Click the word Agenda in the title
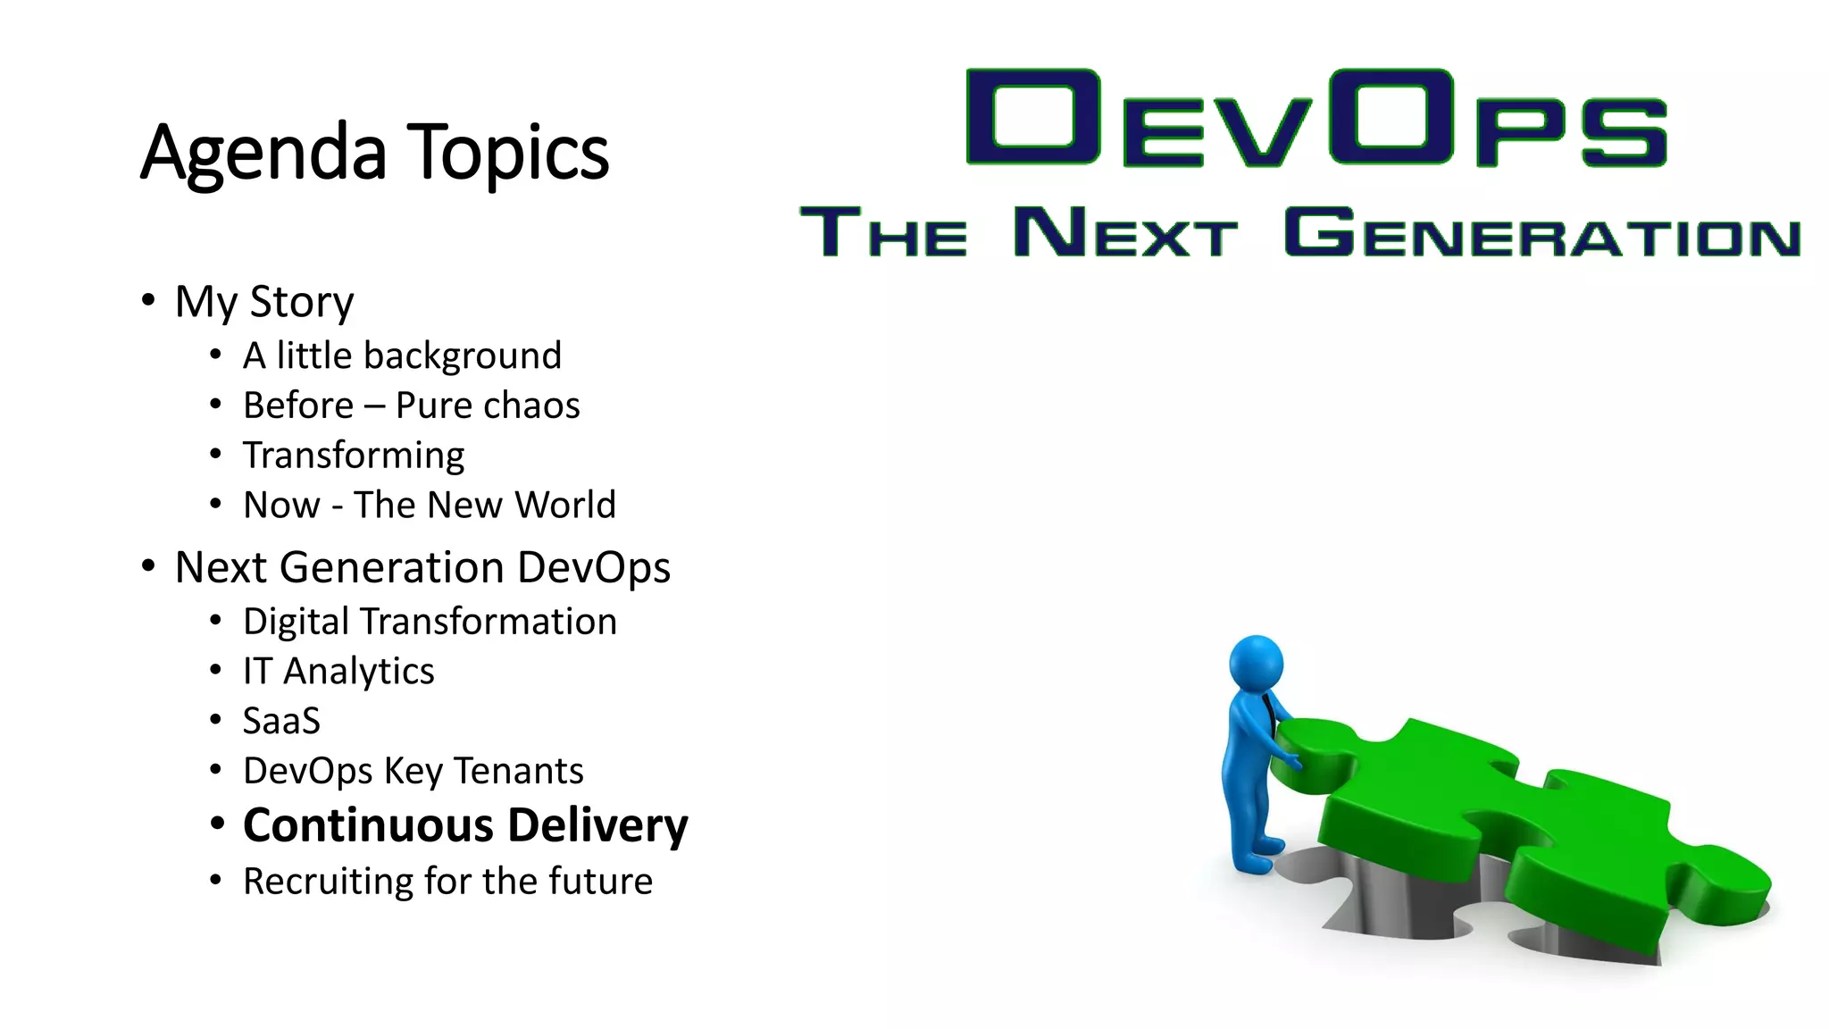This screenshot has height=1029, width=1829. coord(263,154)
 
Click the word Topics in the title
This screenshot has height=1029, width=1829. coord(508,154)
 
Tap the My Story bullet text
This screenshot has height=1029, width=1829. coord(264,302)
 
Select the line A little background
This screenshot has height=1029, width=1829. coord(402,356)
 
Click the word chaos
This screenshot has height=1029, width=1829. coord(534,406)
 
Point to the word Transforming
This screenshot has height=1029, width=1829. coord(354,456)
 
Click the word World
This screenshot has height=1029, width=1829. coord(565,505)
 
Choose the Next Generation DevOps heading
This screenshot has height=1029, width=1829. coord(422,568)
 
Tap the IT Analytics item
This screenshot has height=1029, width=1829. coord(338,672)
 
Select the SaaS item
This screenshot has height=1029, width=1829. coord(281,721)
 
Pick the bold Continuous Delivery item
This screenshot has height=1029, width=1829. coord(465,825)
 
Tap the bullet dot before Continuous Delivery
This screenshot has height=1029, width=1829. coord(216,824)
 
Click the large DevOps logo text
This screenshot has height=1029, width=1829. coord(1316,119)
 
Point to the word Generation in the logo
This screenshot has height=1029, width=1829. coord(1541,233)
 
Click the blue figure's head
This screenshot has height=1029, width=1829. coord(1256,663)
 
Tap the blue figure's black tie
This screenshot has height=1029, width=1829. coord(1268,715)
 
